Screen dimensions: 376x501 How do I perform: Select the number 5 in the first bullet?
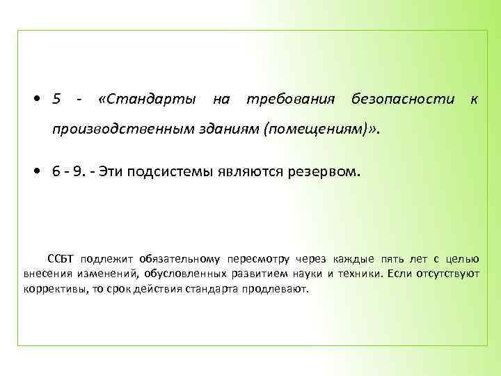point(56,100)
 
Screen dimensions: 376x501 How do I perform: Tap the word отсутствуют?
point(449,274)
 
